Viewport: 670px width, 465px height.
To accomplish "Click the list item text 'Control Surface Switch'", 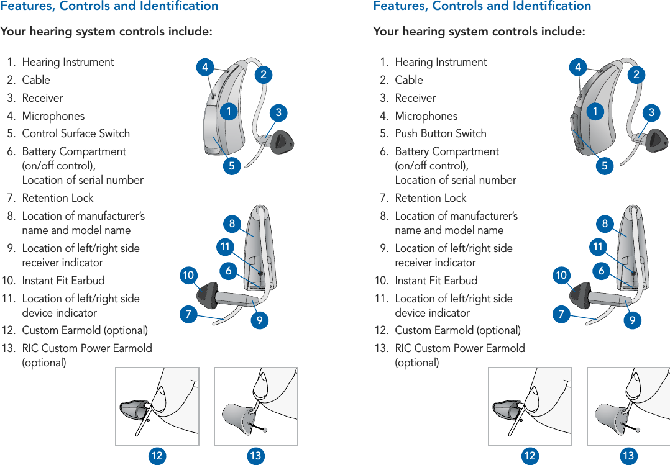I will [76, 133].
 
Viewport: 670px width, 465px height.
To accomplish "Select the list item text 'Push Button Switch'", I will [441, 133].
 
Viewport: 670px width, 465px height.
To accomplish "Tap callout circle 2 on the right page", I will [636, 75].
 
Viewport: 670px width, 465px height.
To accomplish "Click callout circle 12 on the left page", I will [157, 456].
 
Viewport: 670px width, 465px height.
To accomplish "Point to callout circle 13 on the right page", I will [628, 456].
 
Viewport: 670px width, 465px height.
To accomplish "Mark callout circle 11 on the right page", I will [598, 248].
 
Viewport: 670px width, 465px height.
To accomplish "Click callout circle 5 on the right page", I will [603, 166].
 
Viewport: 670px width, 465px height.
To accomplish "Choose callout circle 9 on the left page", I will [259, 321].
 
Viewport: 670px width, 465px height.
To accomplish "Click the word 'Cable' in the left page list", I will [36, 80].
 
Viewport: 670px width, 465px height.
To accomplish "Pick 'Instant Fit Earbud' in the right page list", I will [436, 281].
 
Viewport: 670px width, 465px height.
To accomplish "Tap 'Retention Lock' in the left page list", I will [58, 198].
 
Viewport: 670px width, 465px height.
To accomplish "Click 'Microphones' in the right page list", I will [426, 116].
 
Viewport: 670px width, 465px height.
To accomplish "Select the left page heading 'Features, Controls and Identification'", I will [109, 6].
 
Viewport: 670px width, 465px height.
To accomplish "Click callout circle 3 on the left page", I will [279, 112].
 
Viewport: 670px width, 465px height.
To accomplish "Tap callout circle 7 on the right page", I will [561, 315].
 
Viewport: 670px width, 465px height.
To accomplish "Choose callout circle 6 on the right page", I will [602, 271].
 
